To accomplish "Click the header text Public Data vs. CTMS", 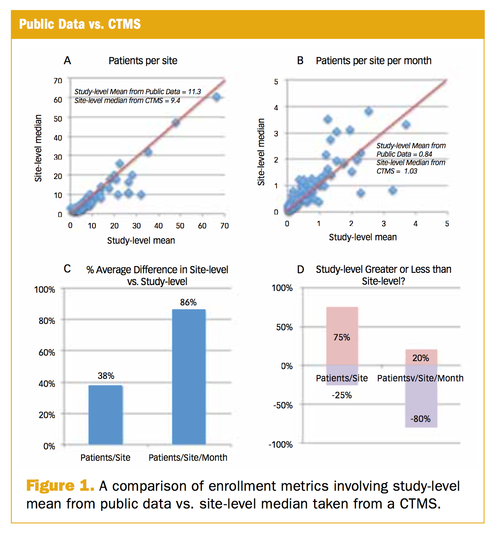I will coord(80,24).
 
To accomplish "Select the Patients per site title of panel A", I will coord(143,61).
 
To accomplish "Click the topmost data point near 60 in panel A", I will coord(216,97).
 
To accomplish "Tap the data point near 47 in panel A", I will coord(176,122).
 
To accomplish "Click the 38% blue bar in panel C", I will coord(106,414).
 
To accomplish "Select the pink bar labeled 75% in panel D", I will coord(342,336).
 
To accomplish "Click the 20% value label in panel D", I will coord(420,358).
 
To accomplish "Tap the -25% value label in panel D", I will coord(342,395).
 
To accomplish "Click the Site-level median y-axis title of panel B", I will coord(261,152).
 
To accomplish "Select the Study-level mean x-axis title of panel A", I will coord(141,241).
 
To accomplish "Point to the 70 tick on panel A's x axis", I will coord(225,226).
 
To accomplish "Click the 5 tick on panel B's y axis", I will coord(276,82).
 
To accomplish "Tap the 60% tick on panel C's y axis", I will coord(47,352).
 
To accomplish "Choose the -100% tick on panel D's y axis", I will coord(281,445).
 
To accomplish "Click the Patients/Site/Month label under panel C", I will coord(188,458).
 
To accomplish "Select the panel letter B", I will coord(300,61).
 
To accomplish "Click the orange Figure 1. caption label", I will coord(60,486).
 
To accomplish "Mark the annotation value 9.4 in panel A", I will coord(175,101).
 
